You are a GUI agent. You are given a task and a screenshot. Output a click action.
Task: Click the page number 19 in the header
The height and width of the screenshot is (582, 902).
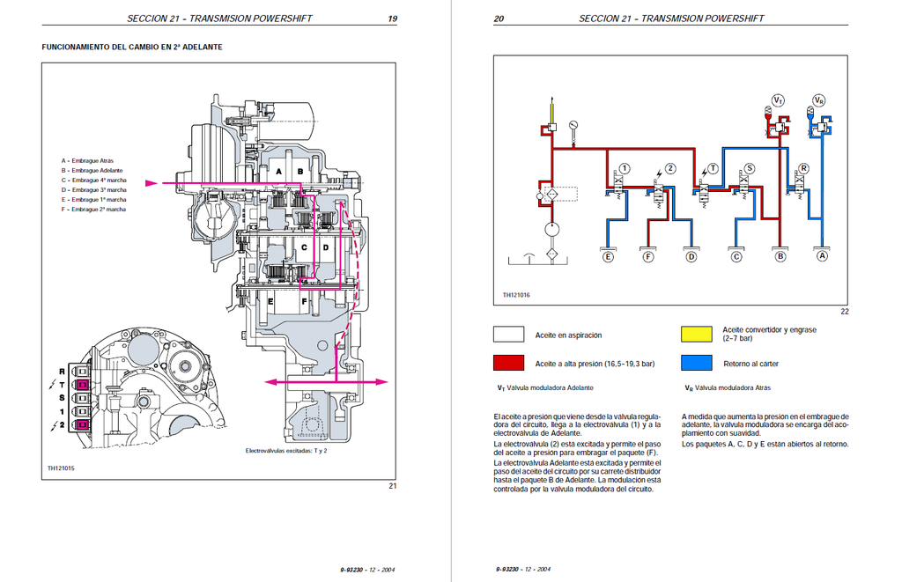392,18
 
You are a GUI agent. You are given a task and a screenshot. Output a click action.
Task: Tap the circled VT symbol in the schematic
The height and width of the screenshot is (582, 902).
778,100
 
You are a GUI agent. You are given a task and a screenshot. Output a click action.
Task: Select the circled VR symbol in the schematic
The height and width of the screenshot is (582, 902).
819,100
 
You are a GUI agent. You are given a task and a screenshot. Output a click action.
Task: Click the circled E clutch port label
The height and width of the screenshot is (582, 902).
608,256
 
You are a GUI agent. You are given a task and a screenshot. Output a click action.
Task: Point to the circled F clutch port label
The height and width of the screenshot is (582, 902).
648,256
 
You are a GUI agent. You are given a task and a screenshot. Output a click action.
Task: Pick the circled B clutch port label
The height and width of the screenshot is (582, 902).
780,256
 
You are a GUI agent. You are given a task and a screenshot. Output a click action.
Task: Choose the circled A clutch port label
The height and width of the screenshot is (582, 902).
822,255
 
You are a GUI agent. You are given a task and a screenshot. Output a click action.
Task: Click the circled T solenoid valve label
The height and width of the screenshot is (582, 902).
713,168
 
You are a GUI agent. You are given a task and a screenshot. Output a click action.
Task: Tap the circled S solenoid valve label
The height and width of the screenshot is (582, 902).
749,168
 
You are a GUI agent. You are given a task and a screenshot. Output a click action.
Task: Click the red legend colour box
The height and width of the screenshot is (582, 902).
508,363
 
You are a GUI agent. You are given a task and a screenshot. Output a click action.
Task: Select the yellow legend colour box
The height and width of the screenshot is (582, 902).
697,334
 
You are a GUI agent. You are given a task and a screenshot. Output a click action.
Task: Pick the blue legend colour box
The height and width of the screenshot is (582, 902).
697,363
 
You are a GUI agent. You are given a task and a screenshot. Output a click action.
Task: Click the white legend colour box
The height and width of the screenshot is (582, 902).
508,334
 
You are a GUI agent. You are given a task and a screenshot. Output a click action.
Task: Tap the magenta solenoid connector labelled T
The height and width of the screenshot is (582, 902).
82,384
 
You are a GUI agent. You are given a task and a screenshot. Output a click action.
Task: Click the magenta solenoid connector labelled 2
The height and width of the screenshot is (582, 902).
82,425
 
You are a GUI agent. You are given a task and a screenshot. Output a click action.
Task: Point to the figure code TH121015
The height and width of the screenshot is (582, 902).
61,468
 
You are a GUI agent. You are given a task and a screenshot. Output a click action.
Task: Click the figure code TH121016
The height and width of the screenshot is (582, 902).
516,295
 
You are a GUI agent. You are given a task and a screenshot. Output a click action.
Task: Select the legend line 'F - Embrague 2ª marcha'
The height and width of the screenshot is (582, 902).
93,210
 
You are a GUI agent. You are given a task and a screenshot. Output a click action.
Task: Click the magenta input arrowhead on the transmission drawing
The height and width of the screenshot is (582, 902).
152,183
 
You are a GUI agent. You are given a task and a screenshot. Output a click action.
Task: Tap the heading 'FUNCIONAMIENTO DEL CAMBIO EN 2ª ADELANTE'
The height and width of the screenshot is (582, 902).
132,48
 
